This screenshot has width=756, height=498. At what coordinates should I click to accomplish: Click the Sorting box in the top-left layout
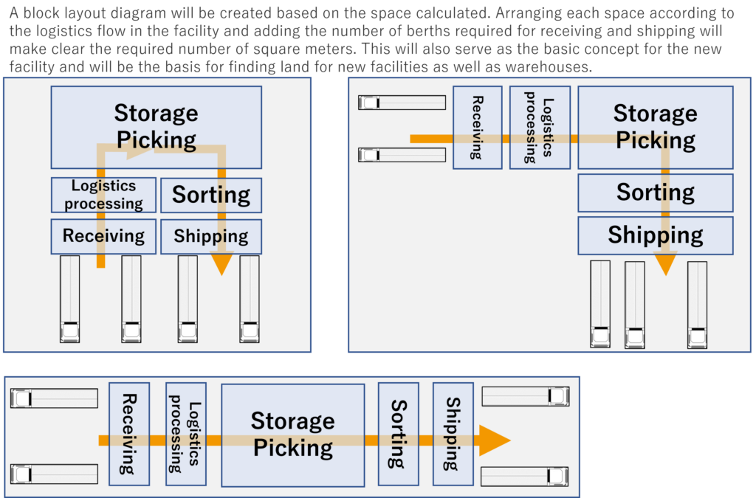(x=210, y=196)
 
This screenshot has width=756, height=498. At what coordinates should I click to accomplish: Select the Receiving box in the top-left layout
(x=103, y=236)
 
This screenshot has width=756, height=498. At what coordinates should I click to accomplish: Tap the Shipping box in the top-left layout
(x=210, y=236)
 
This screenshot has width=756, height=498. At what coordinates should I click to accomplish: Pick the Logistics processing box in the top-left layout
(x=103, y=195)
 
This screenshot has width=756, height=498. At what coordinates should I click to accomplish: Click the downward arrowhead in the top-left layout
(x=221, y=264)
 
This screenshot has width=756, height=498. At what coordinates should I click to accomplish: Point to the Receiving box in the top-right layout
(x=477, y=128)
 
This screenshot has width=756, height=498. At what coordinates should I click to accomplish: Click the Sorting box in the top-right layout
(x=655, y=193)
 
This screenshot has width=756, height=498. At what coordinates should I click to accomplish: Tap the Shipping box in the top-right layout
(x=655, y=235)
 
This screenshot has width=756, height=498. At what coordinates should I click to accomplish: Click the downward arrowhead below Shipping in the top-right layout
(x=665, y=264)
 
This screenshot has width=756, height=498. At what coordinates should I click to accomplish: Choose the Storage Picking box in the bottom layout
(x=292, y=435)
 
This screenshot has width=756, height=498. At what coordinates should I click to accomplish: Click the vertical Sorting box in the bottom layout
(x=398, y=434)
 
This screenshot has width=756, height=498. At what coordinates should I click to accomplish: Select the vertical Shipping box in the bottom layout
(x=453, y=434)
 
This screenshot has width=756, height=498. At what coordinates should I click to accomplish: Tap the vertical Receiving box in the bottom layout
(x=128, y=434)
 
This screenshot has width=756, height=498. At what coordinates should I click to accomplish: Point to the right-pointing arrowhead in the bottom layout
(x=494, y=440)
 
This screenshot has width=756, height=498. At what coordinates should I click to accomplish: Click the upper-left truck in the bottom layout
(x=54, y=398)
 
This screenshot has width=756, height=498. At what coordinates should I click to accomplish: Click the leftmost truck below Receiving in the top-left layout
(x=69, y=299)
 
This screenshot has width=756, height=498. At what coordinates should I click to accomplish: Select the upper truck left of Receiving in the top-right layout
(x=402, y=103)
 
